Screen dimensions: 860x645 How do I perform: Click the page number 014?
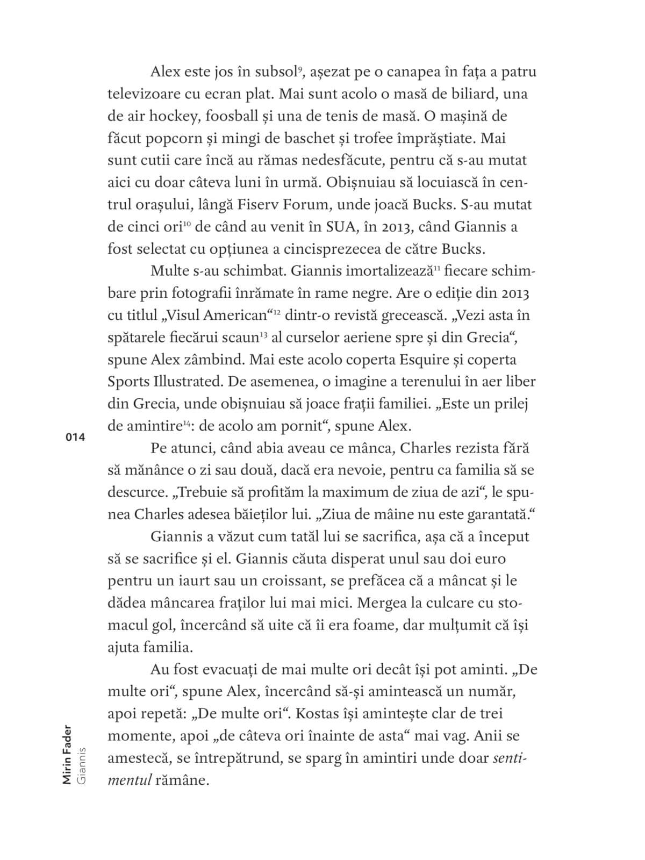coord(75,437)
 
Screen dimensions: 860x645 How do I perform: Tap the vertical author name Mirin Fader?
coord(67,757)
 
